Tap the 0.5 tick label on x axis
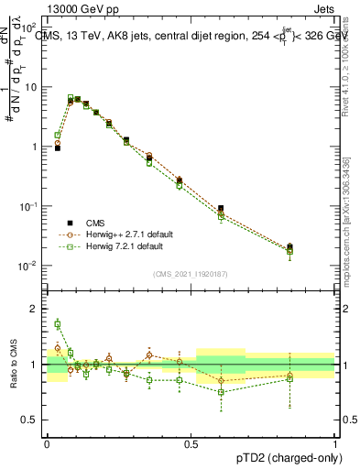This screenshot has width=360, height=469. pyautogui.click(x=191, y=444)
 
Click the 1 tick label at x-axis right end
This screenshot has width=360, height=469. pyautogui.click(x=335, y=444)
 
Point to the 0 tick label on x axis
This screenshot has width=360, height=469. pyautogui.click(x=48, y=444)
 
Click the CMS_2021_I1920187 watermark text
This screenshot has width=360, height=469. pyautogui.click(x=191, y=274)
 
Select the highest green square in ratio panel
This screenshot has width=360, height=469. pyautogui.click(x=58, y=323)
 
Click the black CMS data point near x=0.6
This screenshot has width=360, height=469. pyautogui.click(x=221, y=209)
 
